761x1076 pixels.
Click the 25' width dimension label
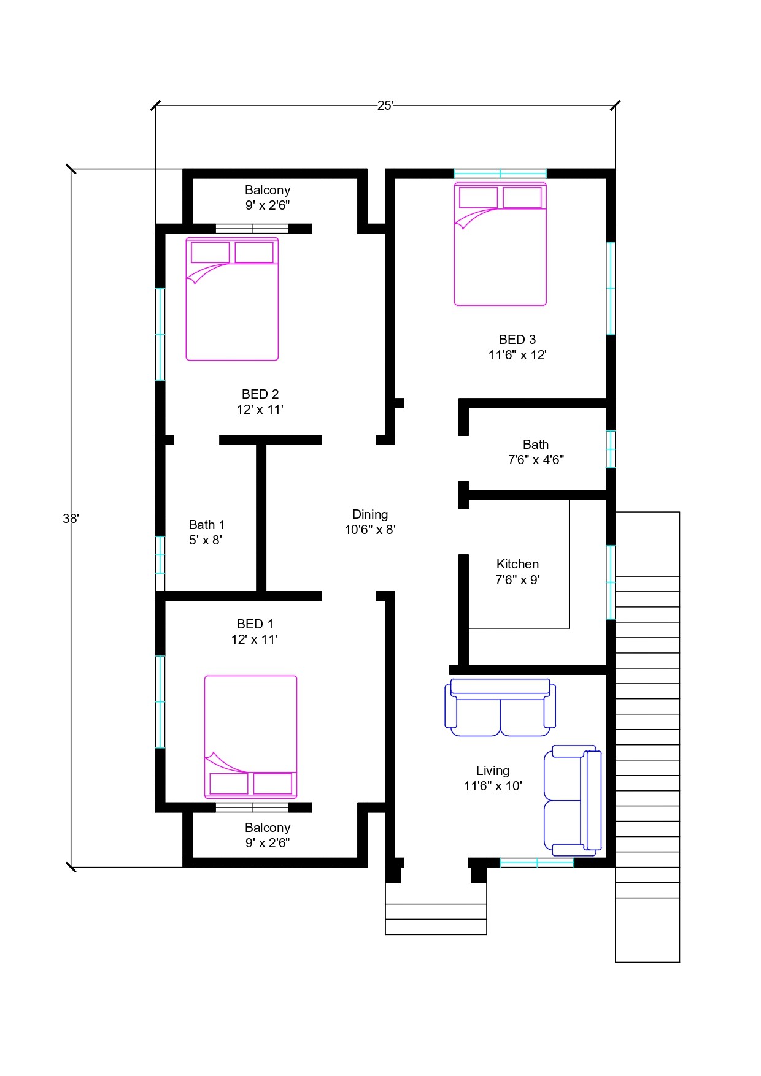tap(385, 105)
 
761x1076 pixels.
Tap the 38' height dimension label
tap(71, 519)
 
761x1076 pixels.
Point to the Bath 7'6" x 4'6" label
tap(536, 452)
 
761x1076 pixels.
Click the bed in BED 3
tap(500, 243)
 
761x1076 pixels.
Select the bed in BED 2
tap(232, 299)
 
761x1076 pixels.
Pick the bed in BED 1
tap(250, 737)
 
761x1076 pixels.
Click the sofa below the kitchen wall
tap(500, 708)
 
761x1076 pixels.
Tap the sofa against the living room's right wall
tap(573, 800)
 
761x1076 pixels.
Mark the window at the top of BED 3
tap(500, 174)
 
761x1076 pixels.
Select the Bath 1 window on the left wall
tap(160, 555)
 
